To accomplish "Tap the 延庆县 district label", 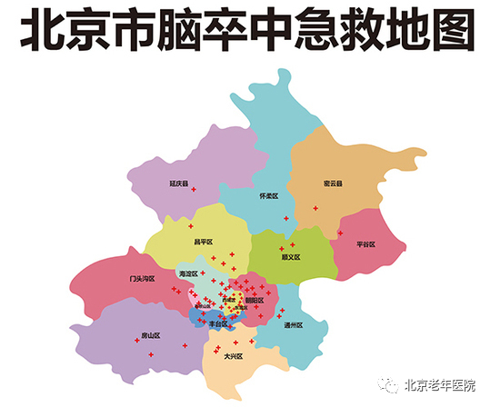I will (178, 184).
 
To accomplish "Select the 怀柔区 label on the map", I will (268, 195).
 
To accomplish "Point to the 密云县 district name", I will (333, 184).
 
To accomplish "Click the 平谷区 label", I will (365, 244).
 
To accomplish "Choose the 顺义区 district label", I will (291, 257).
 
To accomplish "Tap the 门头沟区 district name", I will (143, 279).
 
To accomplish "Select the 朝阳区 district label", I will (255, 300).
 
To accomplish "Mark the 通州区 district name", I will (293, 324).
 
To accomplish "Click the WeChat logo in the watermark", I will (389, 385).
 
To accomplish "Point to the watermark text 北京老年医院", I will (440, 385).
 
